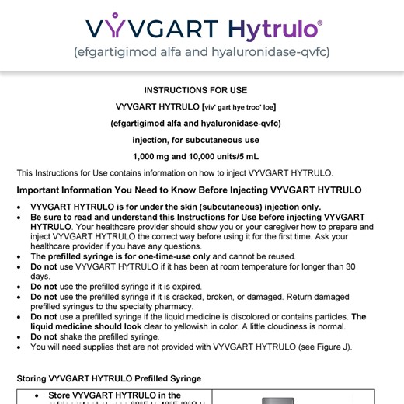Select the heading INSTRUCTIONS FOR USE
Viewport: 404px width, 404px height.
(x=202, y=90)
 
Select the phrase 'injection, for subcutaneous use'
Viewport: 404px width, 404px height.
(x=202, y=140)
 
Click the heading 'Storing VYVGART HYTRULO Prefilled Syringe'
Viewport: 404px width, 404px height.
(x=109, y=378)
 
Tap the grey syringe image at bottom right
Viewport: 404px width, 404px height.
(x=272, y=400)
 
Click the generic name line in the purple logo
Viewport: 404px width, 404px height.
(x=202, y=54)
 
